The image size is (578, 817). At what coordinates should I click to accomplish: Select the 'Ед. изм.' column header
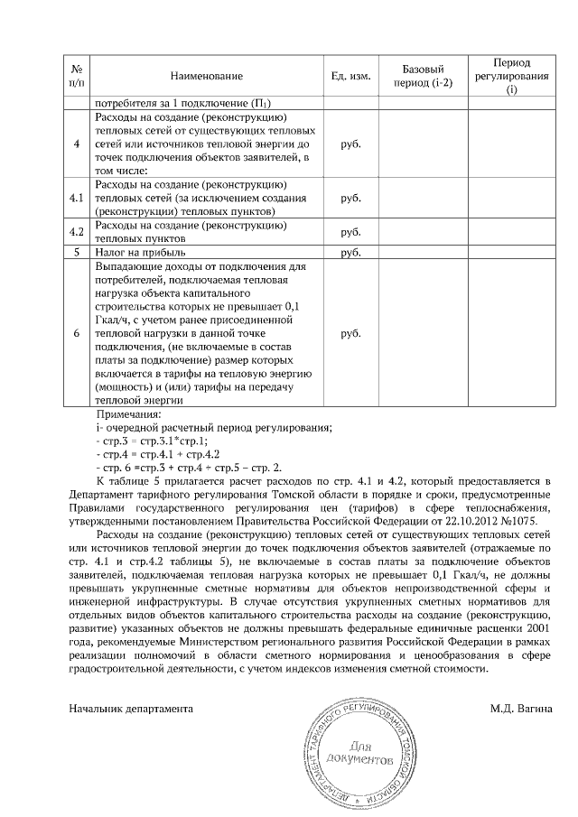click(351, 77)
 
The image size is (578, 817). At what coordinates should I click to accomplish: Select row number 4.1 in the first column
click(76, 198)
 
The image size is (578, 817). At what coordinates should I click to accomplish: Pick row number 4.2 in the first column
click(76, 232)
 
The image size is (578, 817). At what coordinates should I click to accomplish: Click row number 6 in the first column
click(76, 333)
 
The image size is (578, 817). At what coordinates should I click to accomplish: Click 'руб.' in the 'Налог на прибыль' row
click(351, 253)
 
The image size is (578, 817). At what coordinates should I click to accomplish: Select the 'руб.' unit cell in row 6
click(351, 333)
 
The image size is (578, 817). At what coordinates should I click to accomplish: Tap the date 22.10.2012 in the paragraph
click(470, 521)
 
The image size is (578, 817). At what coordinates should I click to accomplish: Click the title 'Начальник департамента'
click(132, 710)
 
